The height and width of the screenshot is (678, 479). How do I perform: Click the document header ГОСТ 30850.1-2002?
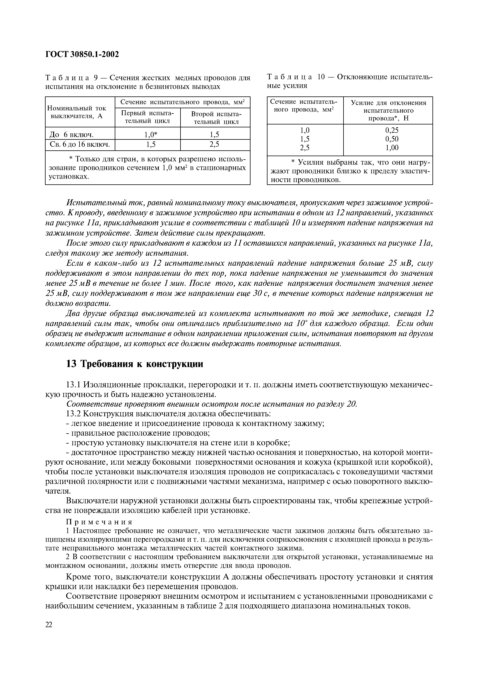[x=82, y=54]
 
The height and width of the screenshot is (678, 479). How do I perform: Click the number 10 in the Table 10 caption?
[x=321, y=77]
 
